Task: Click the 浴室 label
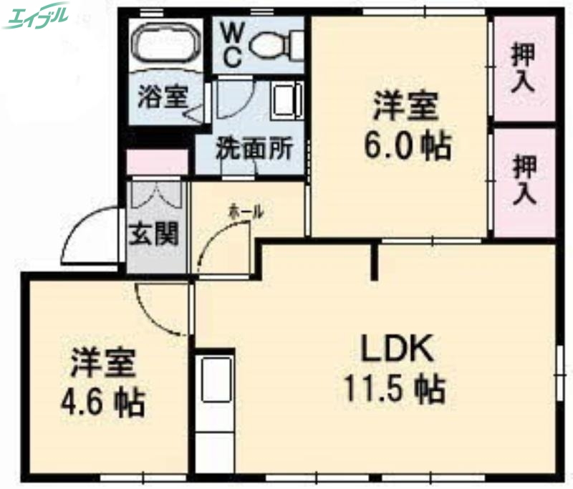163,97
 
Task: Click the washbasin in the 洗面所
287,100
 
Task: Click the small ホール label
246,212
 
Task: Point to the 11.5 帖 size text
395,390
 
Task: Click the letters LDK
397,350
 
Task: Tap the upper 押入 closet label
524,67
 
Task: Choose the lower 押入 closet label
524,181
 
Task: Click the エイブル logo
36,16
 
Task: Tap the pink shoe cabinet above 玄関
157,163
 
